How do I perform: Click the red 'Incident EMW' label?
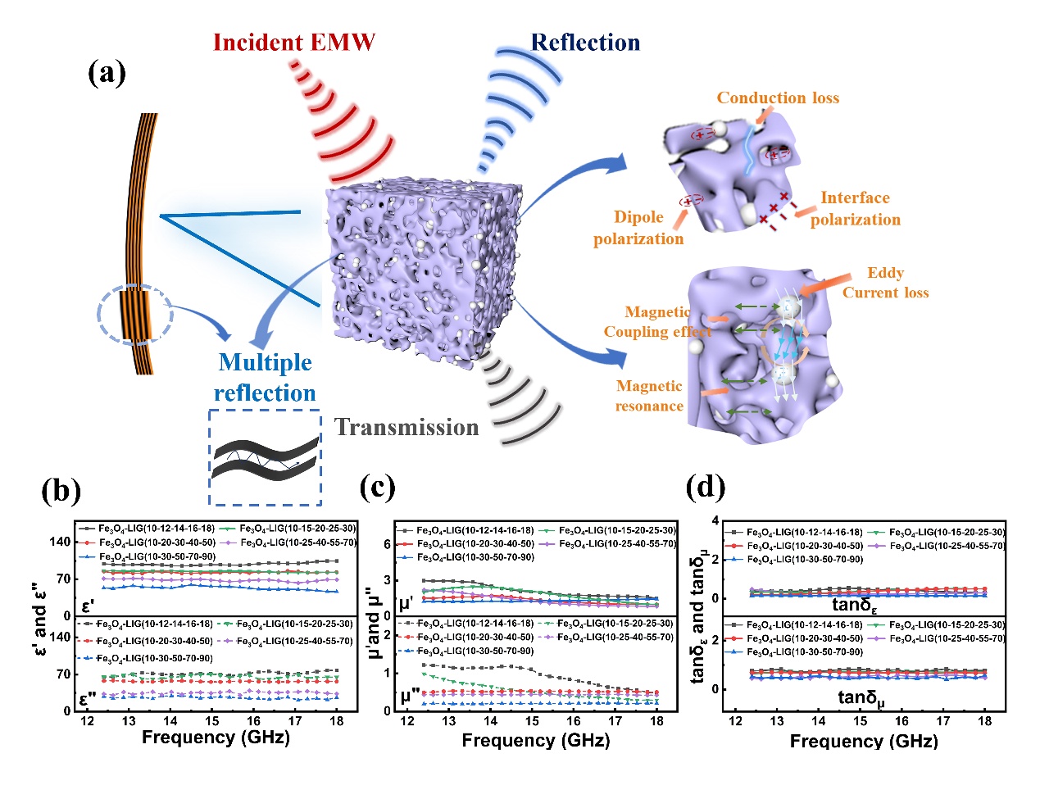tap(293, 43)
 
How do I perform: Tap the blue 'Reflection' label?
tap(585, 43)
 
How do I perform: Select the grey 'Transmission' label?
tap(406, 427)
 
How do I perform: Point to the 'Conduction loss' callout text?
tap(778, 98)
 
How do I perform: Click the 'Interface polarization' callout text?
tap(855, 208)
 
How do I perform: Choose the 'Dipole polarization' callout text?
tap(638, 228)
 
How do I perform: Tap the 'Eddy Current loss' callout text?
tap(885, 283)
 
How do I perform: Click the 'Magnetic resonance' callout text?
tap(649, 396)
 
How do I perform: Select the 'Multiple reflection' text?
tap(265, 378)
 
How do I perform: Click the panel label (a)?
tap(107, 73)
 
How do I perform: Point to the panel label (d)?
tap(706, 488)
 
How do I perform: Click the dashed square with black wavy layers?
tap(265, 457)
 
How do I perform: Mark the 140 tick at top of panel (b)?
tap(60, 542)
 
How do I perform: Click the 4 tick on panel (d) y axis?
tap(715, 521)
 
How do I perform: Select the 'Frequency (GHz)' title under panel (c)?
tap(535, 741)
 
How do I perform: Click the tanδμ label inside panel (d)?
tap(861, 698)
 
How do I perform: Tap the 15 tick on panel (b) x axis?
tap(212, 721)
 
